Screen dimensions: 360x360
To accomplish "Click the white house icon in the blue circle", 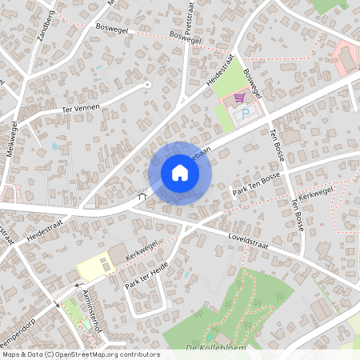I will pos(180,173).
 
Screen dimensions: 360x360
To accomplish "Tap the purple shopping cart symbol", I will pos(238,98).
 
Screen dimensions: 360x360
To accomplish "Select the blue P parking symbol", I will pos(246,114).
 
